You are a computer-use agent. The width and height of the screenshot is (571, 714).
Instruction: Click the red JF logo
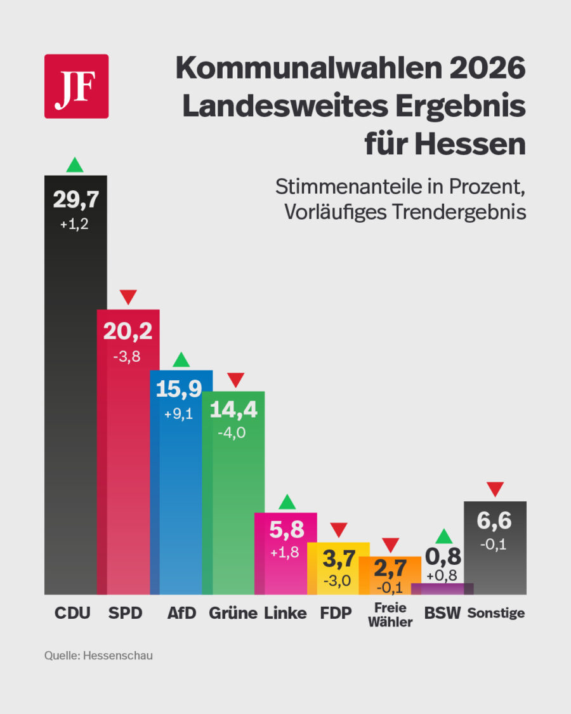click(x=76, y=86)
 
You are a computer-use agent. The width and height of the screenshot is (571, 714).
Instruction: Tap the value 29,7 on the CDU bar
click(x=76, y=200)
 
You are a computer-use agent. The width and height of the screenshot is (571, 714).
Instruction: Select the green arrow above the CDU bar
click(x=75, y=165)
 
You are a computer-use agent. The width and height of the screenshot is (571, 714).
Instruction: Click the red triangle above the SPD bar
click(x=128, y=296)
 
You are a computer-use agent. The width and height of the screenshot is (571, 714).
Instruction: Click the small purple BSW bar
click(x=442, y=588)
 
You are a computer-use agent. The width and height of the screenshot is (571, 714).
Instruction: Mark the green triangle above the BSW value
click(x=444, y=536)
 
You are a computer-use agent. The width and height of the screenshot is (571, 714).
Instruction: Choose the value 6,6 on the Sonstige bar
click(x=495, y=522)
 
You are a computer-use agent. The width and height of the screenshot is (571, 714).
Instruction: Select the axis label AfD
click(x=181, y=613)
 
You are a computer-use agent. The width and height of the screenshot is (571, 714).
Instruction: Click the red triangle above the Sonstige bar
click(x=495, y=489)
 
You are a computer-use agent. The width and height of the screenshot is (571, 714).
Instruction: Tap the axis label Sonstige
click(x=496, y=614)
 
